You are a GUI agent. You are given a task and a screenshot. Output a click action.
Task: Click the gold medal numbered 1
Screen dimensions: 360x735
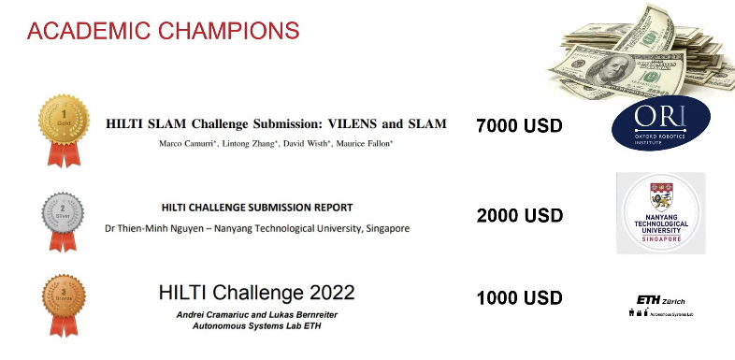(x=62, y=121)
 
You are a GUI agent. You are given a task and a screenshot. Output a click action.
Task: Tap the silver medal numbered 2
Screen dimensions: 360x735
(x=62, y=213)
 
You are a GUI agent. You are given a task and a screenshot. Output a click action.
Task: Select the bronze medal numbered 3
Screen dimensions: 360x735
(x=62, y=298)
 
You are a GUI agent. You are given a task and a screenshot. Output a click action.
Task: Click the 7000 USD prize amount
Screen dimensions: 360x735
(x=519, y=125)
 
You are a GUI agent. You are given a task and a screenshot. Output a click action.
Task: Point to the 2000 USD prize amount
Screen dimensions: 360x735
(x=519, y=215)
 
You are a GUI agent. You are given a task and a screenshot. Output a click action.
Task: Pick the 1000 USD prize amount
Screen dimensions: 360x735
(x=519, y=298)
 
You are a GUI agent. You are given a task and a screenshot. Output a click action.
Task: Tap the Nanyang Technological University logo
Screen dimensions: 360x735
(x=660, y=213)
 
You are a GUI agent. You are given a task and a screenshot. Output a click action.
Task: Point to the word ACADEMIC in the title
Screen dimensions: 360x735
(x=83, y=30)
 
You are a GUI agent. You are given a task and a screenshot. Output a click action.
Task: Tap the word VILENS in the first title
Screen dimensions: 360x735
(x=353, y=123)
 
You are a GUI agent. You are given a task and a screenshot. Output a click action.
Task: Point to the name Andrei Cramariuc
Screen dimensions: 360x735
(x=212, y=314)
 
